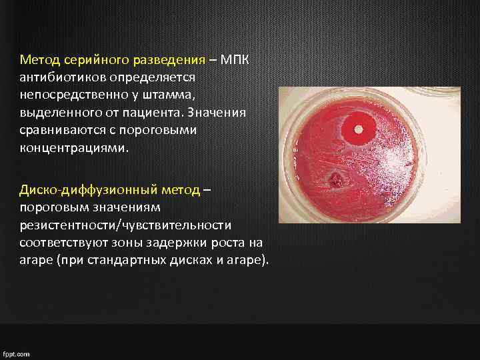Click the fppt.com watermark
coord(16,354)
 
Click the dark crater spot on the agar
coord(335,179)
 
